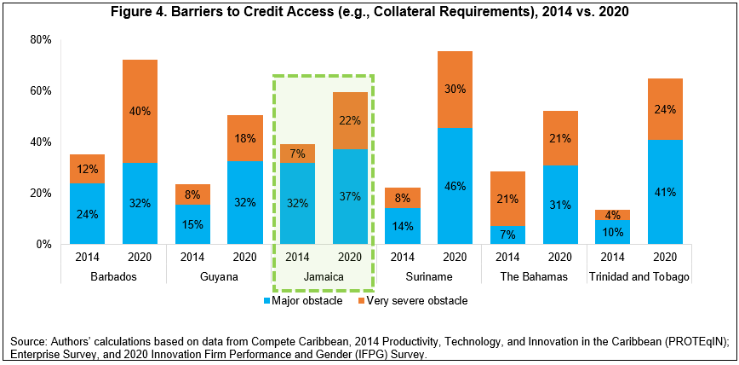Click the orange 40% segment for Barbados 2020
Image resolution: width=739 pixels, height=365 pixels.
pos(140,111)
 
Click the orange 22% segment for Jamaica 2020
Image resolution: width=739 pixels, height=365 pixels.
pos(350,120)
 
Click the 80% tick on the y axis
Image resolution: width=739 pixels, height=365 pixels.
pos(41,40)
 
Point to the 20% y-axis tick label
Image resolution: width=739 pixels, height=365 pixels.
pos(41,193)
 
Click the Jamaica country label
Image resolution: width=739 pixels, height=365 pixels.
pos(324,277)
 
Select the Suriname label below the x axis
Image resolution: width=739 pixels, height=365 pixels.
pos(428,277)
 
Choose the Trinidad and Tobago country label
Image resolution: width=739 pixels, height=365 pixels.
pos(639,277)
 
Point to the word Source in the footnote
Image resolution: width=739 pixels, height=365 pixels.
pos(26,342)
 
